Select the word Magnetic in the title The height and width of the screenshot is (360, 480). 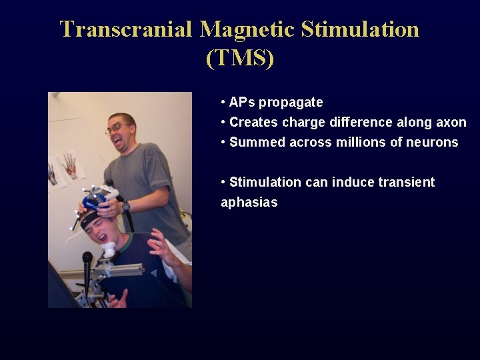(247, 29)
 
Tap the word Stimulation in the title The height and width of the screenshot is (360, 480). (361, 29)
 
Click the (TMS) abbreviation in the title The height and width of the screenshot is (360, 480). (240, 58)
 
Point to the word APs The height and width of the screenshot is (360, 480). (242, 102)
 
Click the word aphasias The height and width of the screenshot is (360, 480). (249, 202)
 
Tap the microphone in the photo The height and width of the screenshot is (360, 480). (87, 260)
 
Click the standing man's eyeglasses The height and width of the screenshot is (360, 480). (117, 129)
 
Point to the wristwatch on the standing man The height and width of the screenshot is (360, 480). (126, 207)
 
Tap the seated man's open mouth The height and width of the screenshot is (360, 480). (102, 237)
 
